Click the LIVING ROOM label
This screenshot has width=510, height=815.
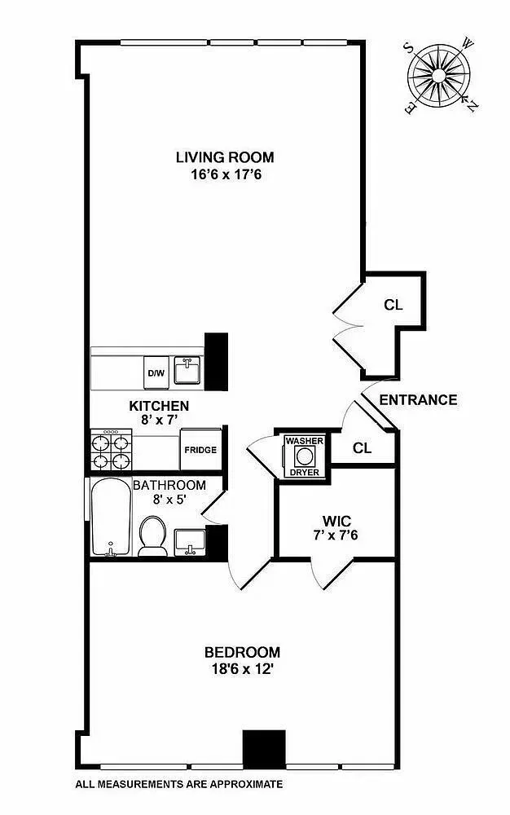tap(225, 157)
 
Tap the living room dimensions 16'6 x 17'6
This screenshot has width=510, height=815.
tap(225, 174)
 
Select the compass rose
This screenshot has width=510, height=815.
tap(440, 76)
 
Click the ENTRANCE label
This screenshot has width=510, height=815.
tap(418, 400)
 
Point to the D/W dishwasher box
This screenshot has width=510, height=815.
tap(155, 373)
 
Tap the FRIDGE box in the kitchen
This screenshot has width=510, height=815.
tap(200, 450)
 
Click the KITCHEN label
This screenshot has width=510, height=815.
tap(160, 406)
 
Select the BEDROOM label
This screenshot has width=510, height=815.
tap(242, 652)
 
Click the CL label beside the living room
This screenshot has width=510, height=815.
tap(394, 306)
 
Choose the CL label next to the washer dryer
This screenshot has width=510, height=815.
tap(363, 447)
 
